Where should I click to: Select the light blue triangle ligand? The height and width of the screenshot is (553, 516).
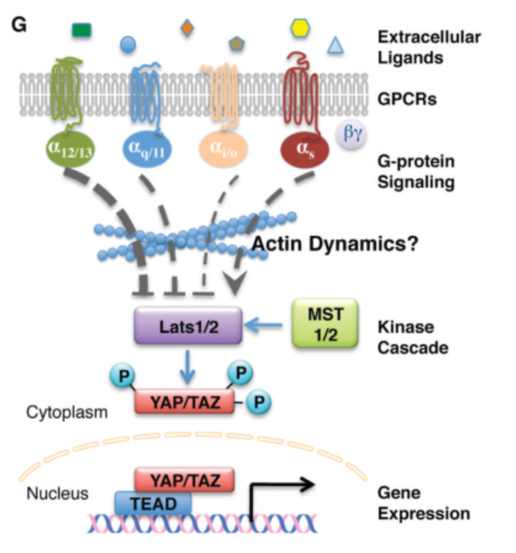point(335,46)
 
